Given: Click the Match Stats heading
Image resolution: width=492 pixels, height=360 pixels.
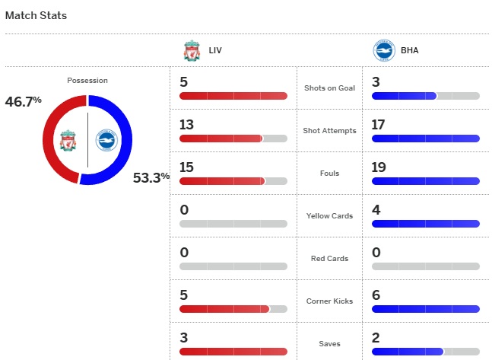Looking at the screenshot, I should click(x=36, y=15).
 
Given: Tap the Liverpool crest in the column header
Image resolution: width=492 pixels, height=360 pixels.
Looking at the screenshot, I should click(x=191, y=52).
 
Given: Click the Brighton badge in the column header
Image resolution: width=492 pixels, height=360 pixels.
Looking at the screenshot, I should click(x=384, y=52).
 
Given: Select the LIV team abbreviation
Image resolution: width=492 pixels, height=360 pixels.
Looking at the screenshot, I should click(x=215, y=52).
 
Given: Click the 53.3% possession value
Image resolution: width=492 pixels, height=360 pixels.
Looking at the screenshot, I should click(x=151, y=178).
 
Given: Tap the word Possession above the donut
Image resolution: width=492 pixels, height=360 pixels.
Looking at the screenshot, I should click(x=87, y=80).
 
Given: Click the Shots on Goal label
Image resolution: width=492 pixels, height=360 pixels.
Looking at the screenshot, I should click(x=329, y=88).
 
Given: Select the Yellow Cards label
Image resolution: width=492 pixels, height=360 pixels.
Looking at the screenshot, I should click(x=329, y=215).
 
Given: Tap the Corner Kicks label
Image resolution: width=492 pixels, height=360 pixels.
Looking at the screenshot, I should click(x=329, y=301).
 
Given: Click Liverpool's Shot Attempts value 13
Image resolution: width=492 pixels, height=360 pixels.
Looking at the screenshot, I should click(x=187, y=125).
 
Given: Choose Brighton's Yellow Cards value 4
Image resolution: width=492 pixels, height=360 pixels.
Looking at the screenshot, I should click(x=376, y=210).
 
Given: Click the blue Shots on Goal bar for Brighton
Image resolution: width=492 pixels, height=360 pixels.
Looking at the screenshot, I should click(x=404, y=96).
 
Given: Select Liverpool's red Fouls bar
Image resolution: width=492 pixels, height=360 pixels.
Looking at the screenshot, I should click(x=221, y=181).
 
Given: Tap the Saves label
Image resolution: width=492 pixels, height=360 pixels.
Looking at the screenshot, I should click(x=329, y=343).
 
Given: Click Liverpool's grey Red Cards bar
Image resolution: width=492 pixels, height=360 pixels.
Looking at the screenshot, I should click(x=233, y=266).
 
